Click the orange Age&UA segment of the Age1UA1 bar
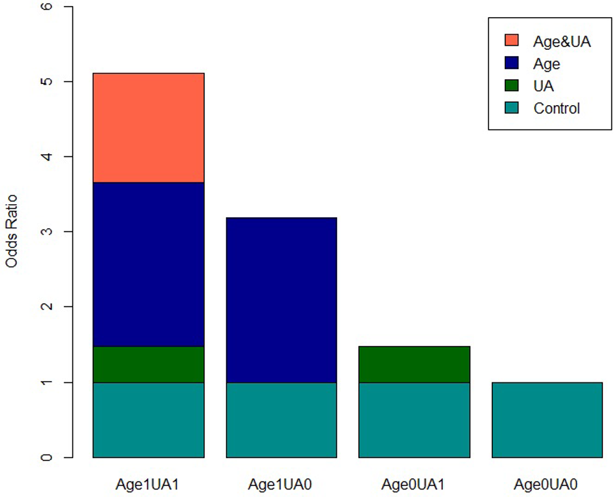point(148,128)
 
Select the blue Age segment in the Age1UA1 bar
point(148,264)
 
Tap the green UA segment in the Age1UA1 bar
point(148,365)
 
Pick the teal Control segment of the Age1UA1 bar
point(148,419)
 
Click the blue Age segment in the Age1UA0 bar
point(281,300)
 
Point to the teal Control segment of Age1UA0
point(281,419)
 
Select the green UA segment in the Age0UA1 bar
point(414,365)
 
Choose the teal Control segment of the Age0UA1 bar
point(414,419)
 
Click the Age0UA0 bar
point(547,419)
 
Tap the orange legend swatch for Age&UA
point(511,41)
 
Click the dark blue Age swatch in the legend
point(511,63)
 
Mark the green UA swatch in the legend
point(511,85)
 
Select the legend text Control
point(557,108)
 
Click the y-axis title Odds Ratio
point(12,232)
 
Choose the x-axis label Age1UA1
point(148,484)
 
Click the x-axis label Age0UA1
point(414,484)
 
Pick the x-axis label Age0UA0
point(547,484)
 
